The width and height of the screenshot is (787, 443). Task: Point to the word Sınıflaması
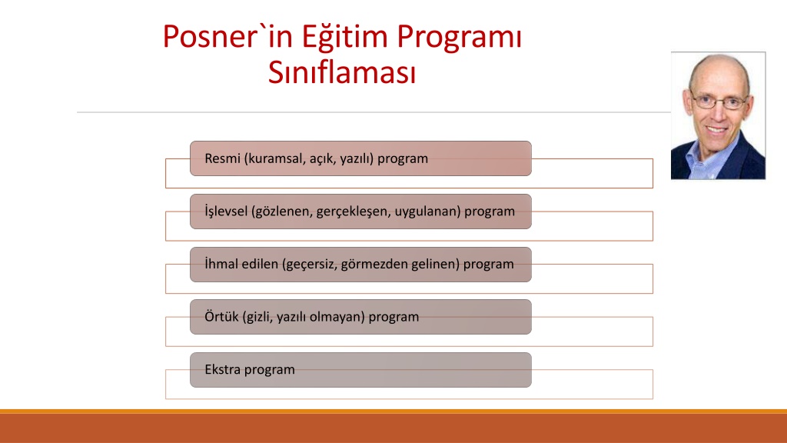(342, 72)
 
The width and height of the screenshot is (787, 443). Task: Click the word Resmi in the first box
(222, 158)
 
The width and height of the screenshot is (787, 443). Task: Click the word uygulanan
(427, 212)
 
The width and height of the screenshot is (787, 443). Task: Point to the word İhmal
(221, 263)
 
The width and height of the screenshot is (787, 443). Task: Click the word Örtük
(221, 316)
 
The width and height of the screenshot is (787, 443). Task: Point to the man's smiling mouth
(716, 129)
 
